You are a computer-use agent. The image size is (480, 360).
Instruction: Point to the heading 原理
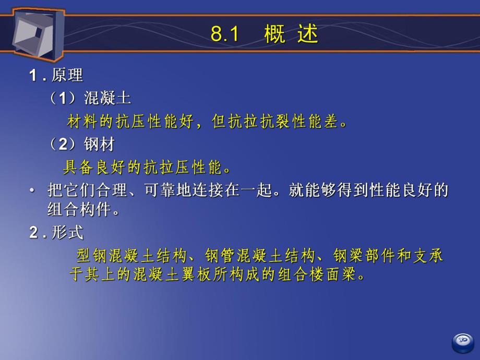pos(67,75)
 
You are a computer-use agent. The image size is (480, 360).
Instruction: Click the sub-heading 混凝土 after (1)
pos(107,98)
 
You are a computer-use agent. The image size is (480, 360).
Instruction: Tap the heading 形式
pos(67,233)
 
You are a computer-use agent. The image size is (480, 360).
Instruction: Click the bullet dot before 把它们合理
pos(32,191)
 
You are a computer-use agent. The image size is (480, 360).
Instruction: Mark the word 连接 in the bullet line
pos(196,190)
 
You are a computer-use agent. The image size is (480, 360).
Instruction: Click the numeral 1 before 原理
pos(33,76)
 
